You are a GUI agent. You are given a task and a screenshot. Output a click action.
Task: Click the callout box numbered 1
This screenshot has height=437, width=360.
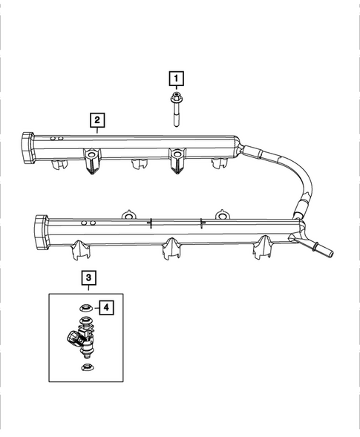coord(176,77)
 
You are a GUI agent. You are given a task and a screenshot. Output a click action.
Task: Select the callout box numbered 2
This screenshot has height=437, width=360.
coord(96,119)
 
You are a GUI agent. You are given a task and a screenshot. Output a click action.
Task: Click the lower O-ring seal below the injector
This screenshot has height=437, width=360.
coord(86,367)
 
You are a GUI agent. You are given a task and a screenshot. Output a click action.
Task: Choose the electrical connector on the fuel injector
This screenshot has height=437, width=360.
coord(72,339)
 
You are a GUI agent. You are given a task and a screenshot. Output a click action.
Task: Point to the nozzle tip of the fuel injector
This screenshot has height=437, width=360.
coord(87,355)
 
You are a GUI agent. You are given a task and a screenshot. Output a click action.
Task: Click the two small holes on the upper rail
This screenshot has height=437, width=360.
coord(55,138)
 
